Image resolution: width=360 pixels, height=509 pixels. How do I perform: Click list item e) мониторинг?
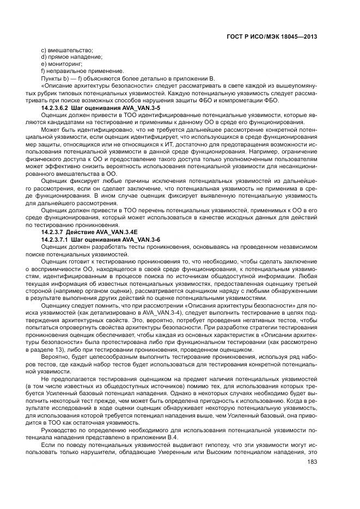tap(62, 64)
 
